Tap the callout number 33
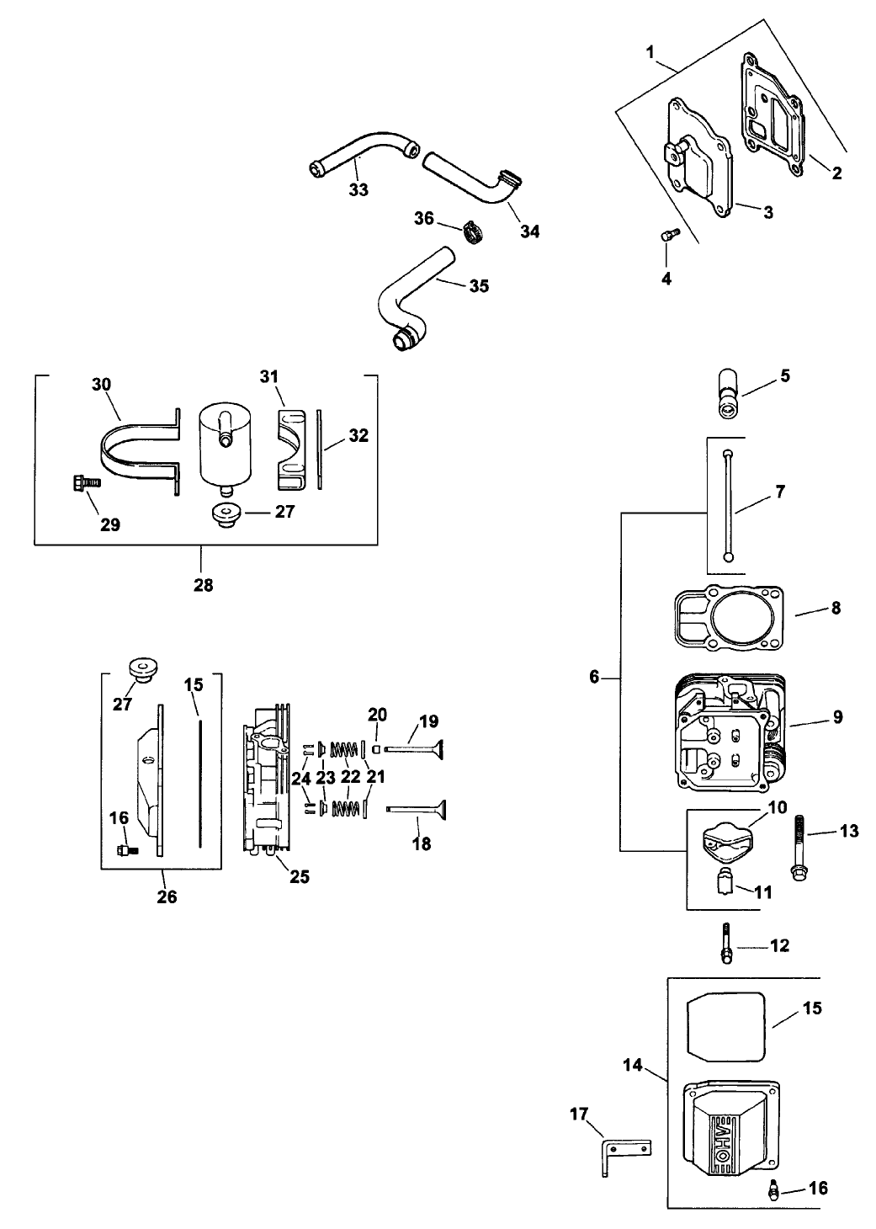click(x=358, y=190)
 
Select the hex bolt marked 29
click(x=81, y=483)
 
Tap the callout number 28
click(x=203, y=584)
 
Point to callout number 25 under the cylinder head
click(x=300, y=876)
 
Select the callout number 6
click(x=594, y=677)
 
